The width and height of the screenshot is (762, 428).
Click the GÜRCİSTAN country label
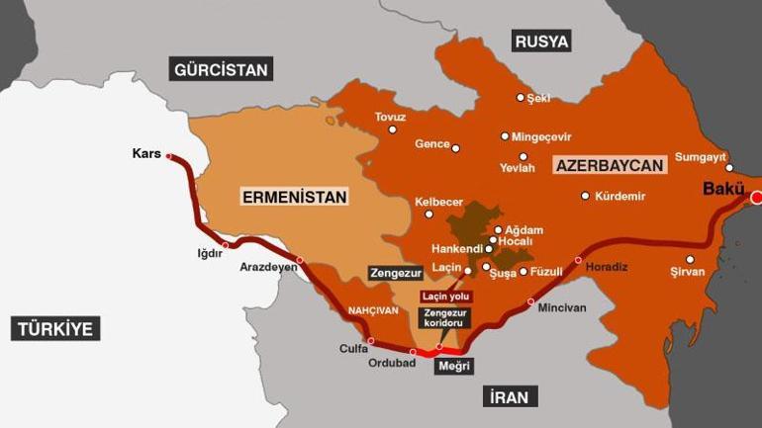(222, 69)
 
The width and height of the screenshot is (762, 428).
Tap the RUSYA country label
(541, 42)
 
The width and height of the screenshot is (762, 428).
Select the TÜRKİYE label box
(56, 328)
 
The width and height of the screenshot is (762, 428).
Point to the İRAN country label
(511, 397)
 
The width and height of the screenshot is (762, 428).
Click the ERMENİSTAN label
(295, 197)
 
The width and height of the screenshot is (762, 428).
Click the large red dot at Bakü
(757, 198)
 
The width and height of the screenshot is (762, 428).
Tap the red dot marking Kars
(169, 156)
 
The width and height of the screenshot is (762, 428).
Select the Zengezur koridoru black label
(444, 317)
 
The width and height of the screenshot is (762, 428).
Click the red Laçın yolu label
(446, 297)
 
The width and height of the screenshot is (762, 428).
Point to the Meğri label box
(454, 366)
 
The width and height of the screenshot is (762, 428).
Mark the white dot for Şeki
(521, 97)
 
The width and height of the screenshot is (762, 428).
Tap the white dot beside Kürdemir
(585, 196)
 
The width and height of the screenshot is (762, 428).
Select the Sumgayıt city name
(701, 156)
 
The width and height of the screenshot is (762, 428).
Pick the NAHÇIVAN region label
(372, 310)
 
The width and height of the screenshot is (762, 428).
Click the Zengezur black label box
(395, 272)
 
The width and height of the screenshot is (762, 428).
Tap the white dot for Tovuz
(393, 129)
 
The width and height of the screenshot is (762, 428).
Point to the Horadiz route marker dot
(579, 260)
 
